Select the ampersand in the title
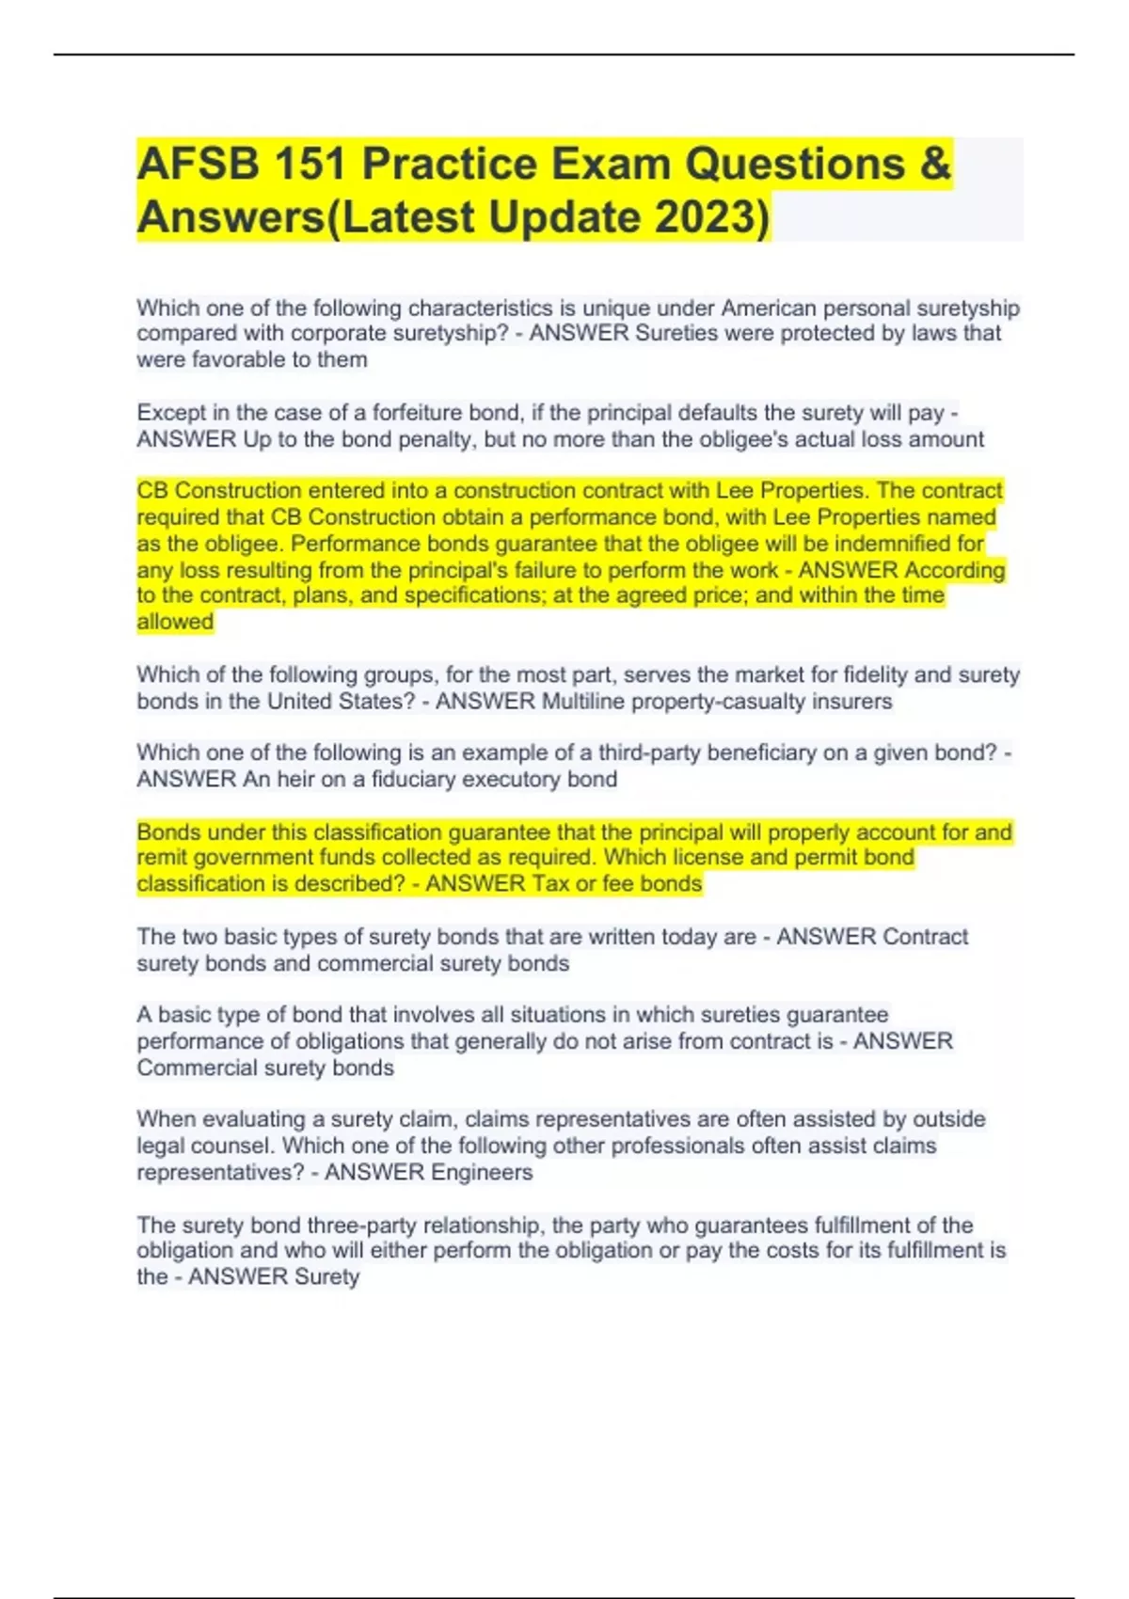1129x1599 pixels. click(934, 165)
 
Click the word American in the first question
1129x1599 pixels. click(768, 309)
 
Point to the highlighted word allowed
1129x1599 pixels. click(175, 622)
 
